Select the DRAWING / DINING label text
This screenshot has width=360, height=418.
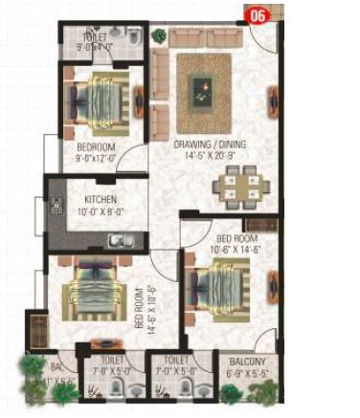tap(206, 145)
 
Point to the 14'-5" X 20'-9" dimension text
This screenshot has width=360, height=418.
tap(206, 157)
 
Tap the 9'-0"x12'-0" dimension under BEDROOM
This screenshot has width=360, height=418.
tap(97, 159)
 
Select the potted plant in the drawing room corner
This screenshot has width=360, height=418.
tap(158, 36)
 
